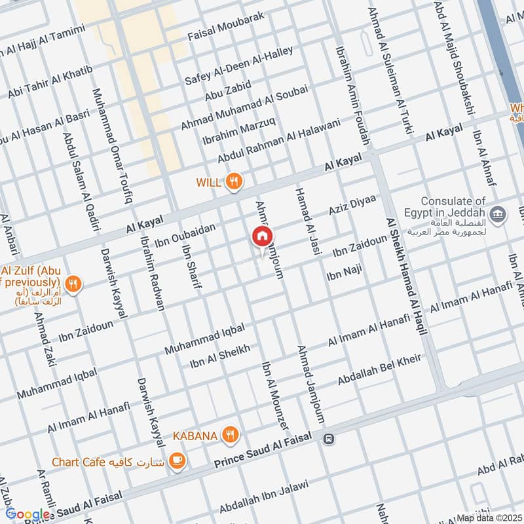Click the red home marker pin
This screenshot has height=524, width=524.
coord(263,236)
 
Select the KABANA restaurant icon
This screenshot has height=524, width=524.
coord(230,434)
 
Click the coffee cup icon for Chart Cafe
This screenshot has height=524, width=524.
coord(177,461)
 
